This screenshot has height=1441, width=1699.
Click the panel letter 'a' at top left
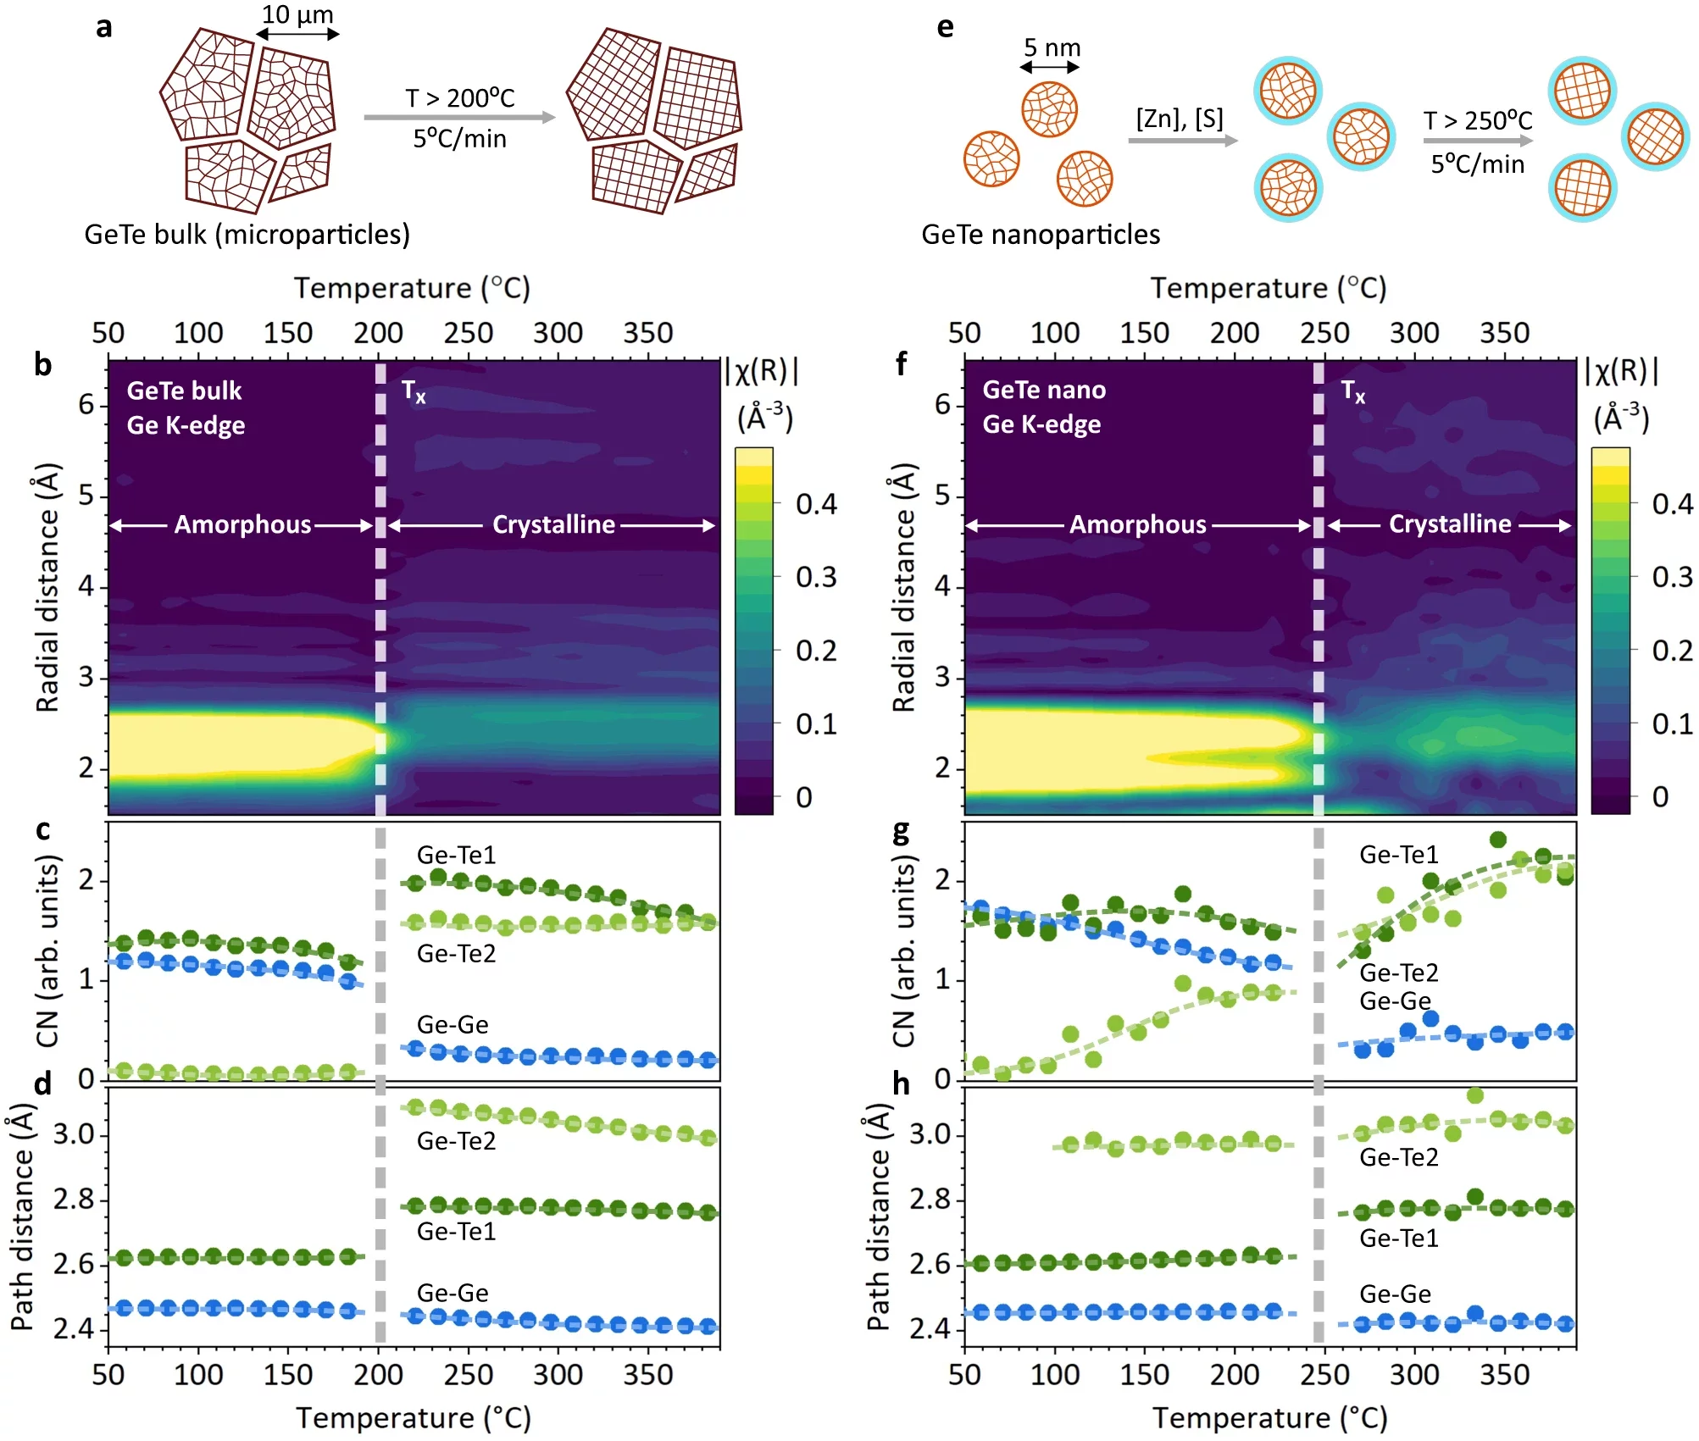coord(103,27)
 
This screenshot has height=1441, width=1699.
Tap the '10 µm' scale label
coord(297,14)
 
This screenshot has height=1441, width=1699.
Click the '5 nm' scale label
coord(1052,47)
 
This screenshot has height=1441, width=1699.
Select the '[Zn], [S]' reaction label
coord(1180,118)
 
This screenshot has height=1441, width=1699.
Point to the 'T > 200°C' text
coord(459,98)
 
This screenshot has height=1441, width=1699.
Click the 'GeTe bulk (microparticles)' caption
coord(247,234)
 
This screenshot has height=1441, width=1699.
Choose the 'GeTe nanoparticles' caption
coord(1041,234)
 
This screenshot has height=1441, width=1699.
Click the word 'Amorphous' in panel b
coord(242,524)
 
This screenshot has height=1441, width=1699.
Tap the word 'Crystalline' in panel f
coord(1449,524)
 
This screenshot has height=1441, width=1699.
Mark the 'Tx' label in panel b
coord(413,391)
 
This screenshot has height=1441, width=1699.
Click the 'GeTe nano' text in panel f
coord(1044,390)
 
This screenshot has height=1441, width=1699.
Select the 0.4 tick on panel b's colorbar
coord(816,504)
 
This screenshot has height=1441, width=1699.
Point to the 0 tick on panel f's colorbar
coord(1660,796)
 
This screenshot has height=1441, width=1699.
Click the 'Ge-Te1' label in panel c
coord(456,855)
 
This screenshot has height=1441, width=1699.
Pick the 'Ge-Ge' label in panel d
coord(453,1293)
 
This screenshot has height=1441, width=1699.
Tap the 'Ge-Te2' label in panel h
coord(1398,1157)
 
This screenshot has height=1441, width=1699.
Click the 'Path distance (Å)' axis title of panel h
coord(878,1217)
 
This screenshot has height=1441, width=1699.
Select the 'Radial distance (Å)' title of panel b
coord(47,587)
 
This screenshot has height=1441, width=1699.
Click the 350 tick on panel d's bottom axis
coord(648,1374)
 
